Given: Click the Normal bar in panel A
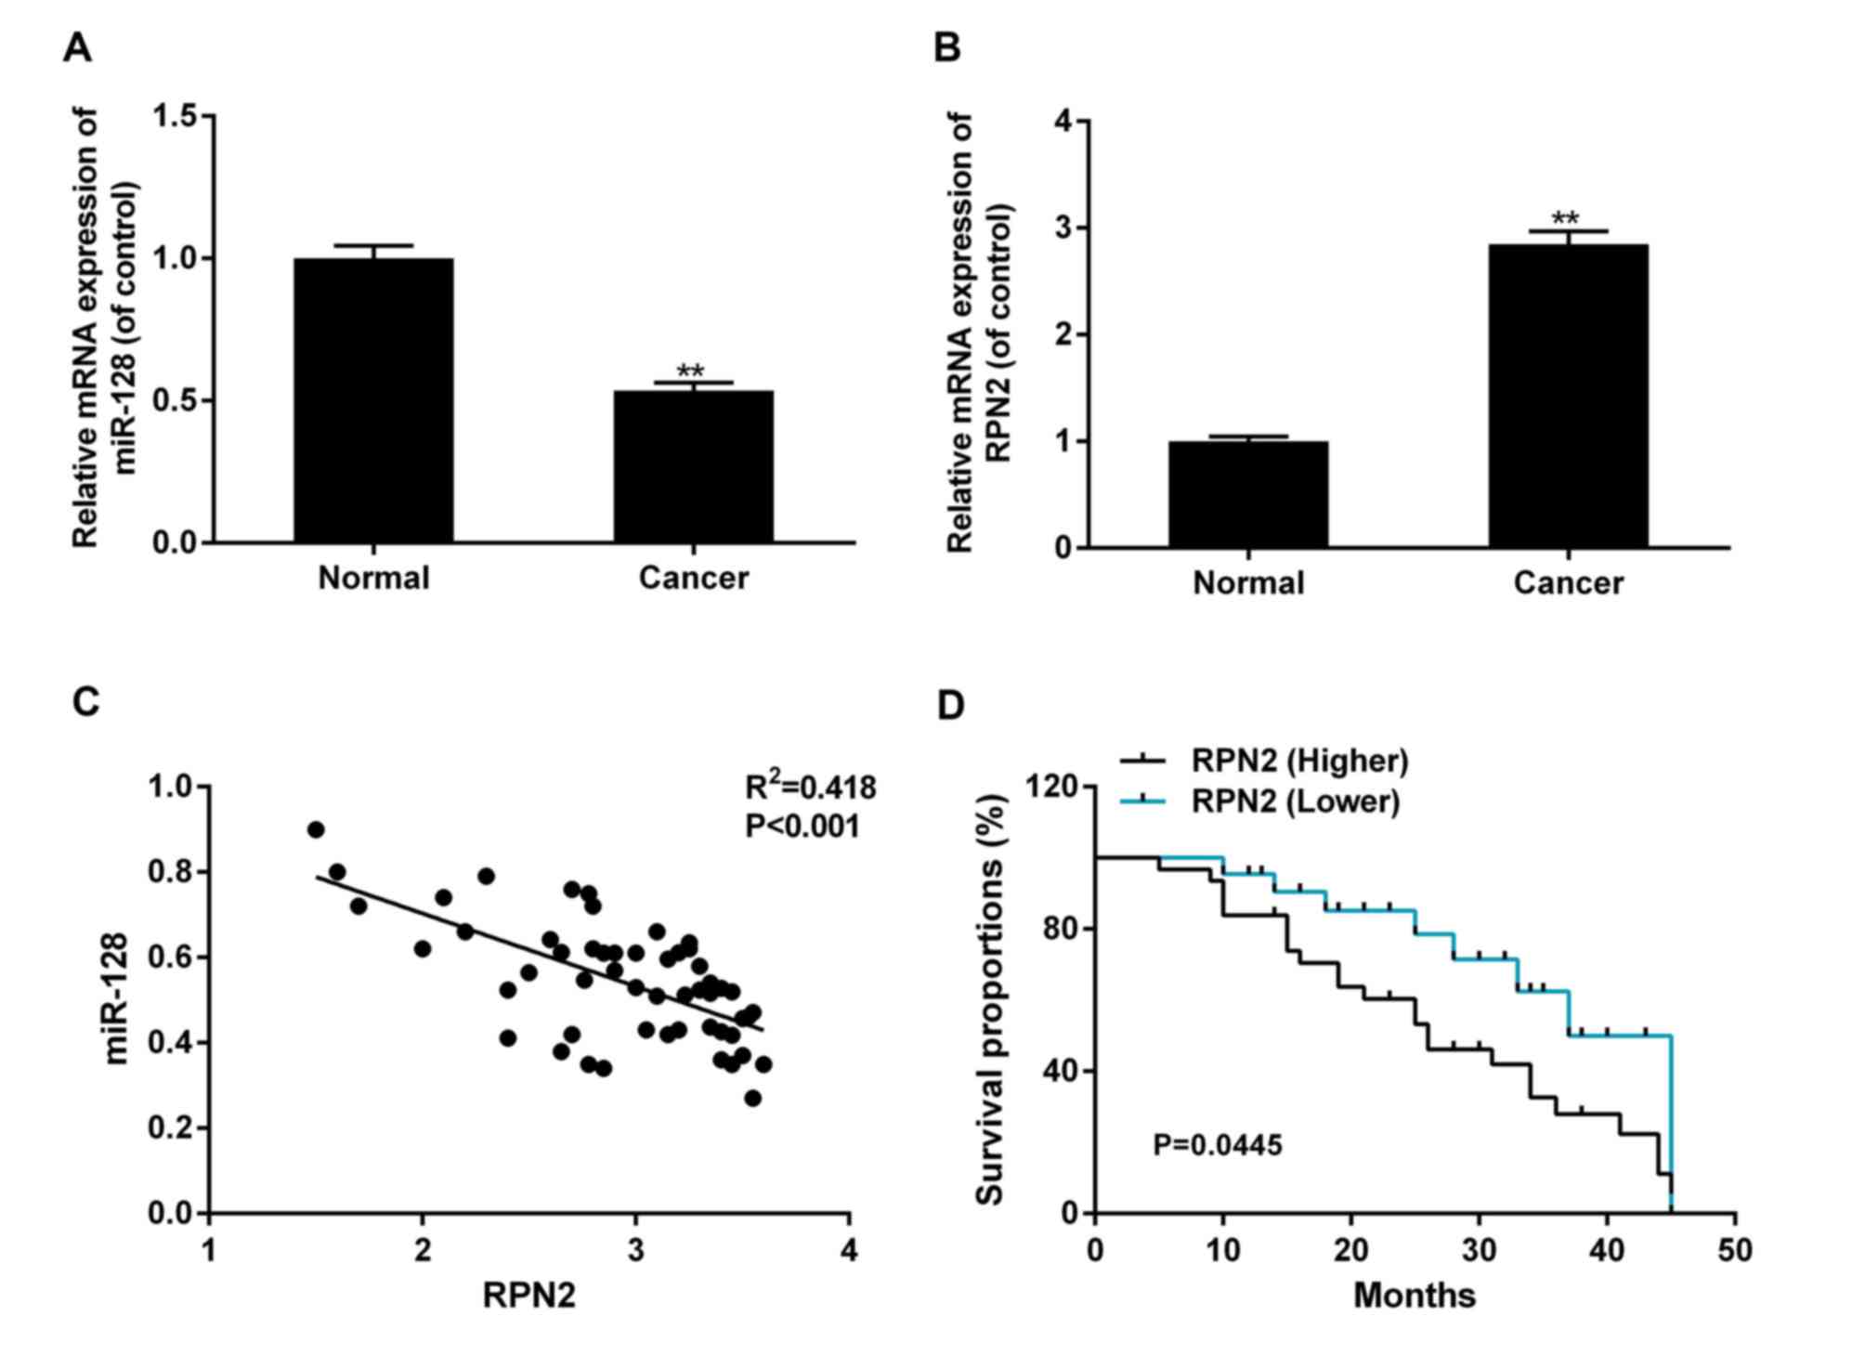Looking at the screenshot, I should click(x=373, y=399).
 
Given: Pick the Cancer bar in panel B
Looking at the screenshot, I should click(x=1568, y=396).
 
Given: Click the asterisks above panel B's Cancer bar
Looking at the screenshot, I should click(x=1566, y=219).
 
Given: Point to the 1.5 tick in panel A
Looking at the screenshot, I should click(x=176, y=116).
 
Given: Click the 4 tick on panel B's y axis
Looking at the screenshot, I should click(x=1063, y=122).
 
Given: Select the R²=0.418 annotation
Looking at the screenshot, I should click(x=810, y=788).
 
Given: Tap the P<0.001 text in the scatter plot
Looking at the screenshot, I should click(x=802, y=826).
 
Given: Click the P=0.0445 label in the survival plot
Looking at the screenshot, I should click(x=1217, y=1145).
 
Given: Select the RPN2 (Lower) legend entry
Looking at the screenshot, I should click(x=1295, y=801).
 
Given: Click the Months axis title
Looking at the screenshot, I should click(x=1414, y=1295).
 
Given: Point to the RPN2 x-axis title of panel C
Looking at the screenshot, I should click(x=528, y=1295).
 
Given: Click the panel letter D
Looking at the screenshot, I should click(x=950, y=706).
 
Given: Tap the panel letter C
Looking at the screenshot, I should click(x=85, y=702).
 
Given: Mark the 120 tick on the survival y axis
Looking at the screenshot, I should click(x=1053, y=787).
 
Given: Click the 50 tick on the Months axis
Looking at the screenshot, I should click(x=1734, y=1250).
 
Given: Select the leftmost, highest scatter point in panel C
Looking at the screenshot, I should click(x=316, y=829).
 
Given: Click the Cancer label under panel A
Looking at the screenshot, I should click(x=693, y=578).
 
